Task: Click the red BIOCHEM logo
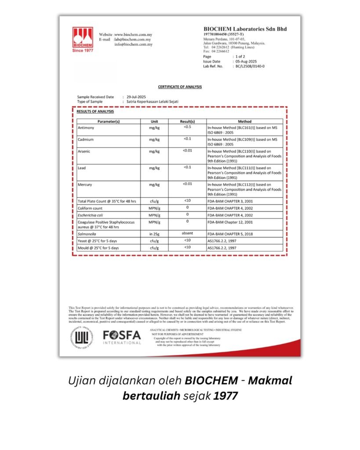83,39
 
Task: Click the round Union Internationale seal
81,337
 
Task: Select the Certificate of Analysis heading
180,87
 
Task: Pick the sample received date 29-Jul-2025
136,97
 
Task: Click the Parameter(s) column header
109,121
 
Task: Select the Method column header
244,121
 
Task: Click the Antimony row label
86,128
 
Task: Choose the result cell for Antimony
187,127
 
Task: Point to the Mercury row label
85,185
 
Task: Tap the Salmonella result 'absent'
187,234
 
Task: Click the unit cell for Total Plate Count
154,201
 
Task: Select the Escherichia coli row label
91,215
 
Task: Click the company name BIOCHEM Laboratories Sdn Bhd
245,29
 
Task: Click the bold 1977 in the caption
225,396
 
